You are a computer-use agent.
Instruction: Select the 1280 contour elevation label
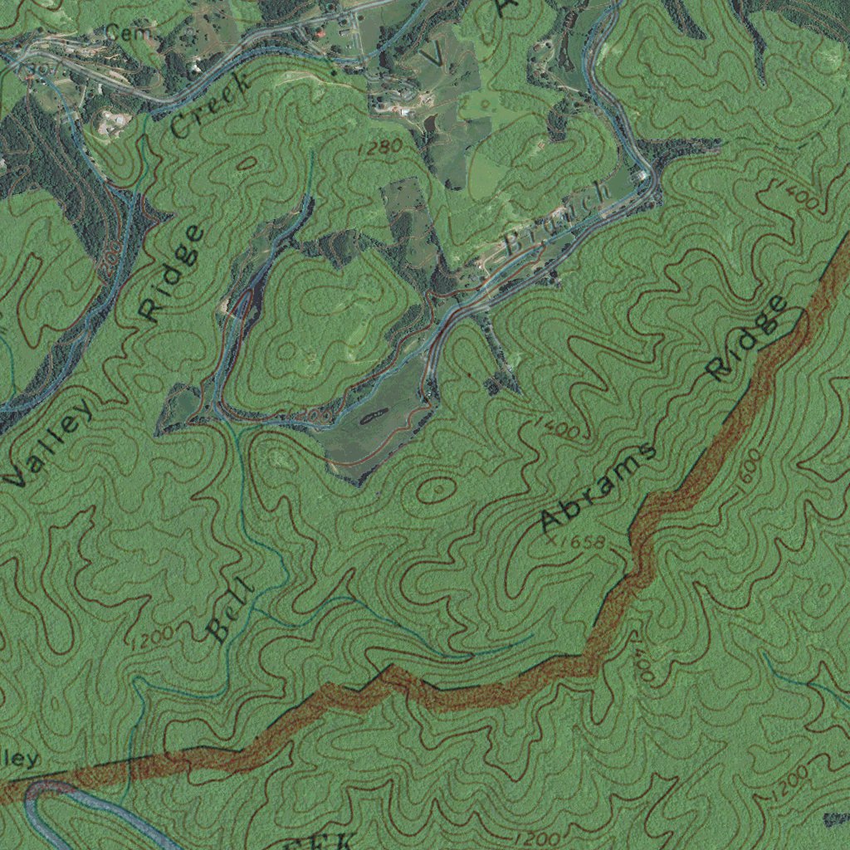[381, 148]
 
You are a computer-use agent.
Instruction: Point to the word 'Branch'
[558, 218]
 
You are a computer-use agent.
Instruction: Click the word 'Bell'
[229, 611]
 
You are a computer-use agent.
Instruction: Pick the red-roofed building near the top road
[320, 34]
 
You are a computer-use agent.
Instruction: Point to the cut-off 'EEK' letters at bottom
[320, 841]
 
